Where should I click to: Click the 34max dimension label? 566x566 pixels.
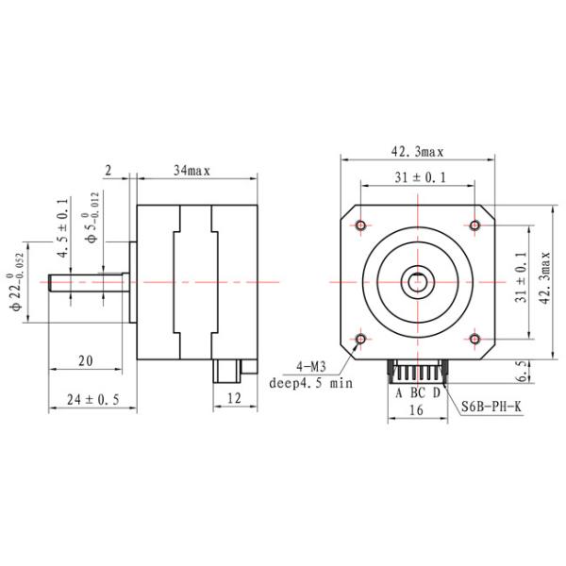point(191,170)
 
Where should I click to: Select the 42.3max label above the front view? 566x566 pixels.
point(416,150)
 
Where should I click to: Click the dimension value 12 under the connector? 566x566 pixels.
point(235,399)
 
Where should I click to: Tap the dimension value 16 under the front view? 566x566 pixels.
point(416,410)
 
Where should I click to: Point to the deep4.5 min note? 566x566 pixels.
point(310,383)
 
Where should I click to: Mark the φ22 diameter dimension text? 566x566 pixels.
point(16,282)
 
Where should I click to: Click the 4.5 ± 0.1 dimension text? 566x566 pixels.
point(63,229)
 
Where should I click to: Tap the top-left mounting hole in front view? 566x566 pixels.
point(362,225)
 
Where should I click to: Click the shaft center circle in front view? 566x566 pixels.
point(417,281)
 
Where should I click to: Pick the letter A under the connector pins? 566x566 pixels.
point(398,392)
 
